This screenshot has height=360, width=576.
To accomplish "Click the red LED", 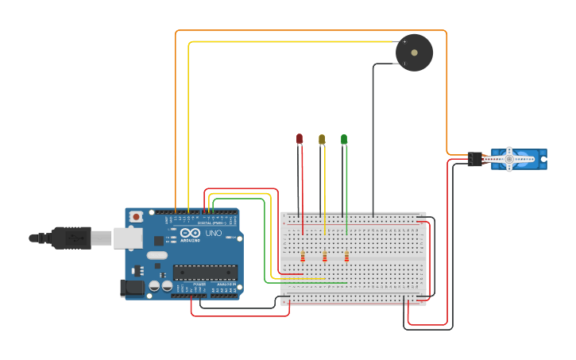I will pyautogui.click(x=300, y=139).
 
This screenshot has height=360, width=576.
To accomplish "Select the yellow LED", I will pyautogui.click(x=322, y=139).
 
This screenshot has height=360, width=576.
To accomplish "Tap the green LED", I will pyautogui.click(x=344, y=139).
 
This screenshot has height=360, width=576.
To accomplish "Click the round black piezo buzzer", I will pyautogui.click(x=414, y=52).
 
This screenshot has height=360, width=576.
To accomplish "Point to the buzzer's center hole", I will pyautogui.click(x=414, y=52).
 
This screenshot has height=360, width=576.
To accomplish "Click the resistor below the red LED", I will pyautogui.click(x=303, y=257).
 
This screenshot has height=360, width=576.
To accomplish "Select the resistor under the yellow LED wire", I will pyautogui.click(x=325, y=257).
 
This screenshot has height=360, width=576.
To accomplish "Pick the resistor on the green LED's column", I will pyautogui.click(x=346, y=257).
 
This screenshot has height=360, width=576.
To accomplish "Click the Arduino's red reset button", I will pyautogui.click(x=137, y=216).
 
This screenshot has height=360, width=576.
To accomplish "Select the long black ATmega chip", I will pyautogui.click(x=205, y=273).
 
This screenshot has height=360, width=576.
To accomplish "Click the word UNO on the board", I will pyautogui.click(x=215, y=234).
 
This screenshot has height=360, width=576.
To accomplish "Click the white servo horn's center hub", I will pyautogui.click(x=509, y=159).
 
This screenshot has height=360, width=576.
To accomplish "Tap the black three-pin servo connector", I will pyautogui.click(x=475, y=159).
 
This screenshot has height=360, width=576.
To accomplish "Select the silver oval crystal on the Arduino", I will pyautogui.click(x=157, y=256).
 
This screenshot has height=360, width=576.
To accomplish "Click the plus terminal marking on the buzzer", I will pyautogui.click(x=404, y=42).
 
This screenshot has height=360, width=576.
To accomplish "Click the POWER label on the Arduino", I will pyautogui.click(x=199, y=284).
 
